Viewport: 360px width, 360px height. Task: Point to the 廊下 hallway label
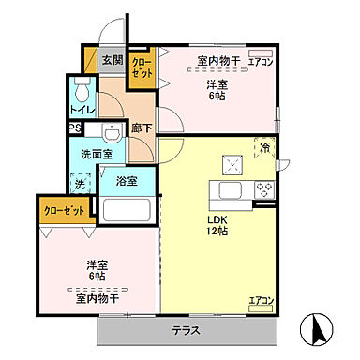pos(142,128)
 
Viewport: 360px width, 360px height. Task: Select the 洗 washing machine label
pos(78,185)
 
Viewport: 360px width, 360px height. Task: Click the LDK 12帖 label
pos(217,226)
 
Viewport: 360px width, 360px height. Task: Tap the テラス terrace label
pos(188,330)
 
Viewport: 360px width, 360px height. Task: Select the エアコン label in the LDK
pos(260,301)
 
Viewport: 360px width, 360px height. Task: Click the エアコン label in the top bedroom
pos(261,62)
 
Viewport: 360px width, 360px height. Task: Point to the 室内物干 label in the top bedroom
pos(218,62)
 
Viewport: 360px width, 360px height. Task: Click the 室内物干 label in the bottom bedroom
pos(97,297)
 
